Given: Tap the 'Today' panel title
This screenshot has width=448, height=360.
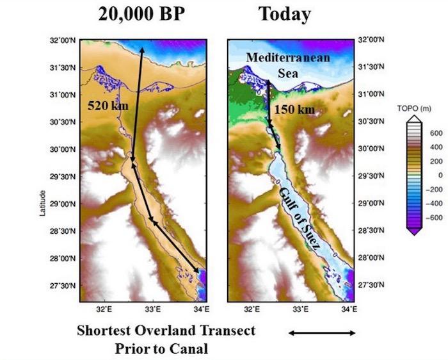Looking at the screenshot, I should click(285, 15).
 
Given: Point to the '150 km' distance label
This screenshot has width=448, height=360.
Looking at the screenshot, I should click(294, 110).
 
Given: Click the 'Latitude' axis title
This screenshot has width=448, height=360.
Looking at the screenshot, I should click(43, 204).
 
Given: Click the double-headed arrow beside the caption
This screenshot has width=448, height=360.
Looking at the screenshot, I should click(322, 333).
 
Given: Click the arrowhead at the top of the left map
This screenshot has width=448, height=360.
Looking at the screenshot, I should click(141, 49).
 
